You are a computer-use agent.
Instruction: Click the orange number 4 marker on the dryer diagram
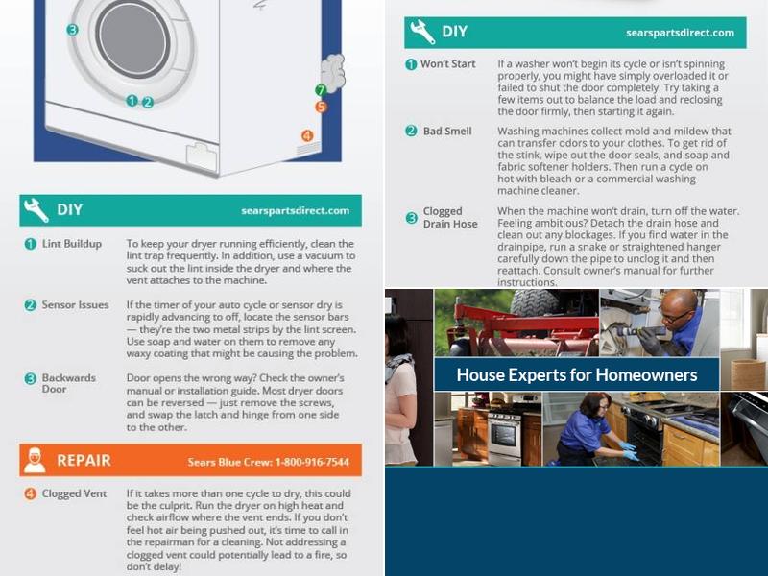(307, 135)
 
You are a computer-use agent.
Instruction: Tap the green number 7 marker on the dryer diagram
(321, 90)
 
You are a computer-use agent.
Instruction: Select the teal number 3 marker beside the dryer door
(73, 30)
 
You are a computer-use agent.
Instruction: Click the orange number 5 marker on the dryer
(321, 107)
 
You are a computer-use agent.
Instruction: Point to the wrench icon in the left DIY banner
(36, 210)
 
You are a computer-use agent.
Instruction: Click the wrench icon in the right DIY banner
(422, 32)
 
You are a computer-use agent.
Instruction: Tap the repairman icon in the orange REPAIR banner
(35, 461)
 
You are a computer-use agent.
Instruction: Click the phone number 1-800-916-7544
(313, 462)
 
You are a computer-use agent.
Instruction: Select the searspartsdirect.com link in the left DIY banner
(296, 210)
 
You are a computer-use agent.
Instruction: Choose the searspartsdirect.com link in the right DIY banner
(681, 33)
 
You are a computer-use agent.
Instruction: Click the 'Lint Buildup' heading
(72, 244)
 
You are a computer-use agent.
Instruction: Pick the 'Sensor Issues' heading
(76, 304)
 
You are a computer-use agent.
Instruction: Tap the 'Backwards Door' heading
(69, 383)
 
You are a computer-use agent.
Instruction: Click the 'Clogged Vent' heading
(74, 493)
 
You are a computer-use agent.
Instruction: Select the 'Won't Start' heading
(448, 64)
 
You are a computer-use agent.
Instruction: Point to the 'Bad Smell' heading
(447, 132)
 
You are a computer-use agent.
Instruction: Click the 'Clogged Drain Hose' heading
(450, 218)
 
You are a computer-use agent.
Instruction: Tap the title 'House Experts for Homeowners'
(577, 375)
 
